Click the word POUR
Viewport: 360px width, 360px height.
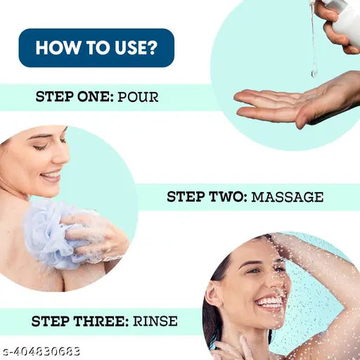click(138, 96)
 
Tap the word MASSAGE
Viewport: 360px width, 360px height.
click(288, 197)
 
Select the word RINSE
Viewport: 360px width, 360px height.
click(155, 321)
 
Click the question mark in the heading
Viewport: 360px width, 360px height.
click(153, 48)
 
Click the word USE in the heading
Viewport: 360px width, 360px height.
click(131, 48)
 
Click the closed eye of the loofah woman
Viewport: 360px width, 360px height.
click(40, 148)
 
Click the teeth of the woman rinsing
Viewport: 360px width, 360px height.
click(270, 302)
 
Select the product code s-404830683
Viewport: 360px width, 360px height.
click(40, 352)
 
